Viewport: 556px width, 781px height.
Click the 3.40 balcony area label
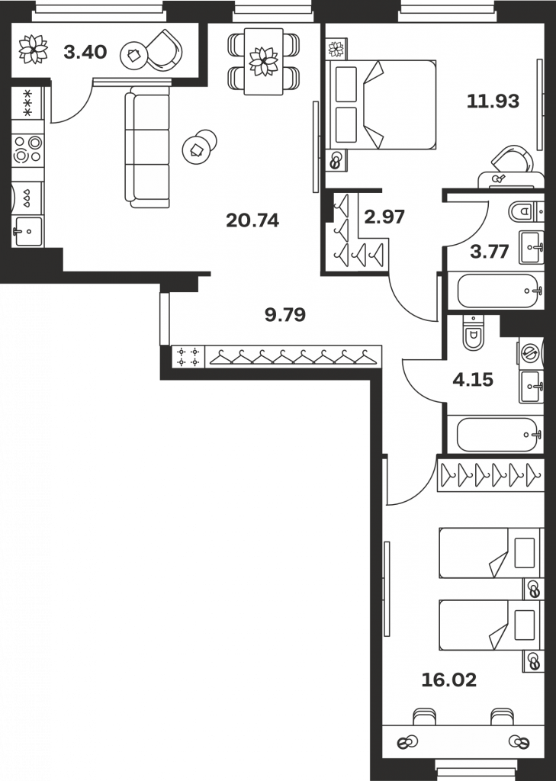pos(85,52)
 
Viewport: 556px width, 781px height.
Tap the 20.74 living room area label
pos(252,220)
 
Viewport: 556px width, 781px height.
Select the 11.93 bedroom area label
pos(493,101)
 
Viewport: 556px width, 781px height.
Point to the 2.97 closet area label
pos(384,217)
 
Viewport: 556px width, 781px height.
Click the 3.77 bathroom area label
pos(490,252)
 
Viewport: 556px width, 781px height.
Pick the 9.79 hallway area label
pos(285,314)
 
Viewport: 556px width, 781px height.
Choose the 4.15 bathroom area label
pos(473,380)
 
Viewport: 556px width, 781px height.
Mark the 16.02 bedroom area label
pos(449,680)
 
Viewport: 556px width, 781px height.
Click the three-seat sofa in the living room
pos(147,147)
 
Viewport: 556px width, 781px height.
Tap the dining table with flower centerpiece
pos(264,61)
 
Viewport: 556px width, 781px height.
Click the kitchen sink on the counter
pos(28,232)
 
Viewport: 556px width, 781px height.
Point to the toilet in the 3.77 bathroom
pos(522,212)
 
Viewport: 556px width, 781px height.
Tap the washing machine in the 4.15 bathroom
pos(531,353)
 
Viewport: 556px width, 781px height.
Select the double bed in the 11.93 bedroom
pos(381,104)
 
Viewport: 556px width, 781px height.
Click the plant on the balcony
pos(34,49)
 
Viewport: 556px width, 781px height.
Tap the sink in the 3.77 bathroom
pos(531,247)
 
